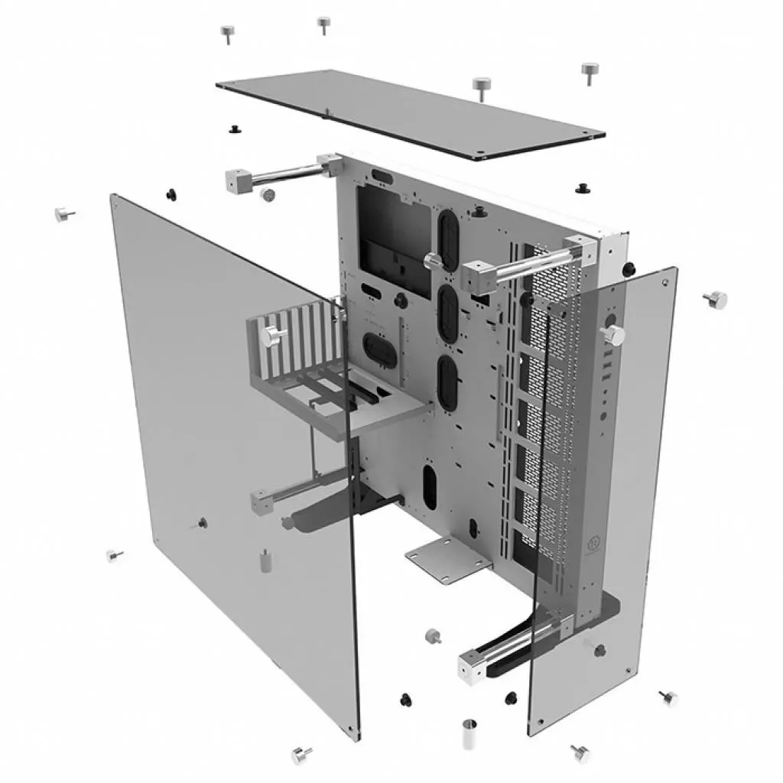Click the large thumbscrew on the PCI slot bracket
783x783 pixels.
coord(272,335)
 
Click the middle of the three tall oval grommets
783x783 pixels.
coord(447,314)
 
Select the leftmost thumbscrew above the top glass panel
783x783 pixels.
coord(227,33)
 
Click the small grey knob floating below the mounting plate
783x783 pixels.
coord(434,635)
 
